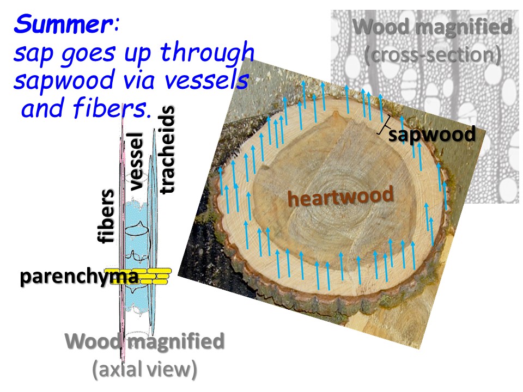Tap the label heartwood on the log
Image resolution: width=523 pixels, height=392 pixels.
[340, 195]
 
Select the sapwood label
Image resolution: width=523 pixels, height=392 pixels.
[432, 133]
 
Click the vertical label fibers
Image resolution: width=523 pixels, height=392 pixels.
[106, 216]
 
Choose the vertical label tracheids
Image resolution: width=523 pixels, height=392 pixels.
[168, 150]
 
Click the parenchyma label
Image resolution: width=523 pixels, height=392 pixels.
[79, 277]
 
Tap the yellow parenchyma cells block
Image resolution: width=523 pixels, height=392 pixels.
[155, 277]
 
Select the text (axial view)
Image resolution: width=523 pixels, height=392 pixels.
[144, 369]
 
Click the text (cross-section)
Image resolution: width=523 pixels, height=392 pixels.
[432, 54]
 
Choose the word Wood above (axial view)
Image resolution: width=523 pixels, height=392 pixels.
[93, 342]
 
